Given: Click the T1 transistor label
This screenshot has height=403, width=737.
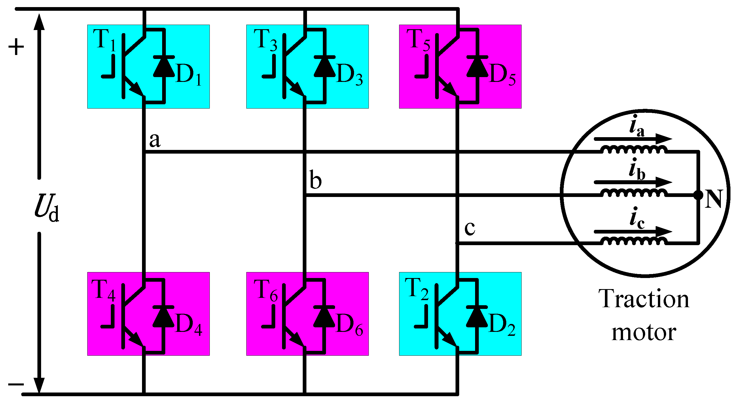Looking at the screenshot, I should click(x=104, y=40).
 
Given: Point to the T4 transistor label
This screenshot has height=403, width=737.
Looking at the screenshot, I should click(x=103, y=290).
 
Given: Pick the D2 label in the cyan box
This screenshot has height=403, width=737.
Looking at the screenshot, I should click(x=502, y=324).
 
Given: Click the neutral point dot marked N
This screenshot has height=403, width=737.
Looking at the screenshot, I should click(x=698, y=195).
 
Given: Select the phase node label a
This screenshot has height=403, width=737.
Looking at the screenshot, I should click(x=155, y=140).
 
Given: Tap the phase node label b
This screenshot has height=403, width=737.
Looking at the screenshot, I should click(x=315, y=180).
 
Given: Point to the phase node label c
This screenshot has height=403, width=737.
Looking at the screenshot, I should click(x=470, y=228).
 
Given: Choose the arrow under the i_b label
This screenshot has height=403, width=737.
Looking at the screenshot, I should click(x=633, y=182).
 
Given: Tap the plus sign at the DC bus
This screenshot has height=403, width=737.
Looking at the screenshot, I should click(x=16, y=47).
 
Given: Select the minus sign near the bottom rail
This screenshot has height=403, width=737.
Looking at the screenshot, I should click(x=16, y=384).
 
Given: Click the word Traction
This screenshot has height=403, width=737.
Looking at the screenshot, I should click(x=644, y=299).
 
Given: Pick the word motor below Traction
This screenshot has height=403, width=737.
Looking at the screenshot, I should click(x=644, y=333).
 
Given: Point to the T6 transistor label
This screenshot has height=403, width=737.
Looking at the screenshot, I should click(x=265, y=290).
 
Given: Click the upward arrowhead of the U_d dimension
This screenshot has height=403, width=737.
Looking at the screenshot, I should click(x=39, y=22).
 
